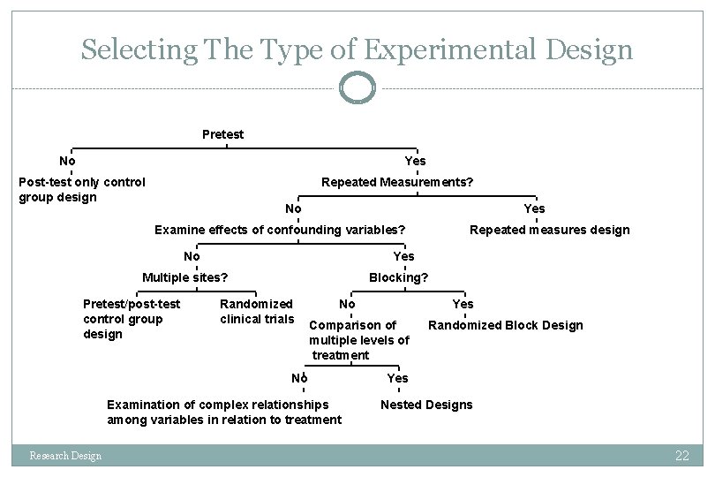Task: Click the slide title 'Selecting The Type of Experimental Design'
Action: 357,49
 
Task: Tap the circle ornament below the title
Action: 357,87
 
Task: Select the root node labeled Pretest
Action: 223,134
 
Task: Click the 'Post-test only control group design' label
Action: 82,189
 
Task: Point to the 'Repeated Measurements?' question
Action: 397,182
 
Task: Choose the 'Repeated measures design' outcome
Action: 549,230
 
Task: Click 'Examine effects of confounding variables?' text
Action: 280,230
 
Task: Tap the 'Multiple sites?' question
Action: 185,277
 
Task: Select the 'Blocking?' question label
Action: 399,277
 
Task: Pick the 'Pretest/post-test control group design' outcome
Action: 131,319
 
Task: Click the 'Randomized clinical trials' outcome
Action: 257,311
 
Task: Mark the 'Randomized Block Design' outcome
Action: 505,325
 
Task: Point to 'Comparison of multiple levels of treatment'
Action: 358,340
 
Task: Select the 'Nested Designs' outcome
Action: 426,405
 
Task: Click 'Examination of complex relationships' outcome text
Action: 224,412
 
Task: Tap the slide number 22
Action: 681,456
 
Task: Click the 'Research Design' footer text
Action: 65,456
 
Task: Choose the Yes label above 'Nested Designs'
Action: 398,378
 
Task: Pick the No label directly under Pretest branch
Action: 67,161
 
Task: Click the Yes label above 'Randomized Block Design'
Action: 463,304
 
